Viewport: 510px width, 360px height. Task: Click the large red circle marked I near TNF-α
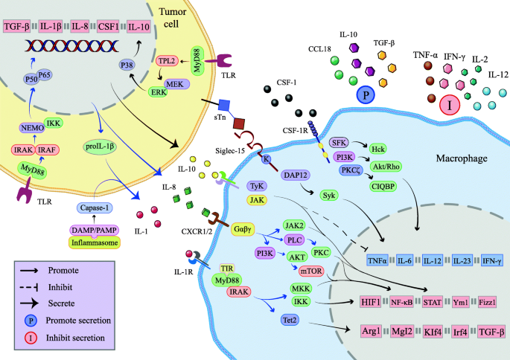pyautogui.click(x=449, y=106)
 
